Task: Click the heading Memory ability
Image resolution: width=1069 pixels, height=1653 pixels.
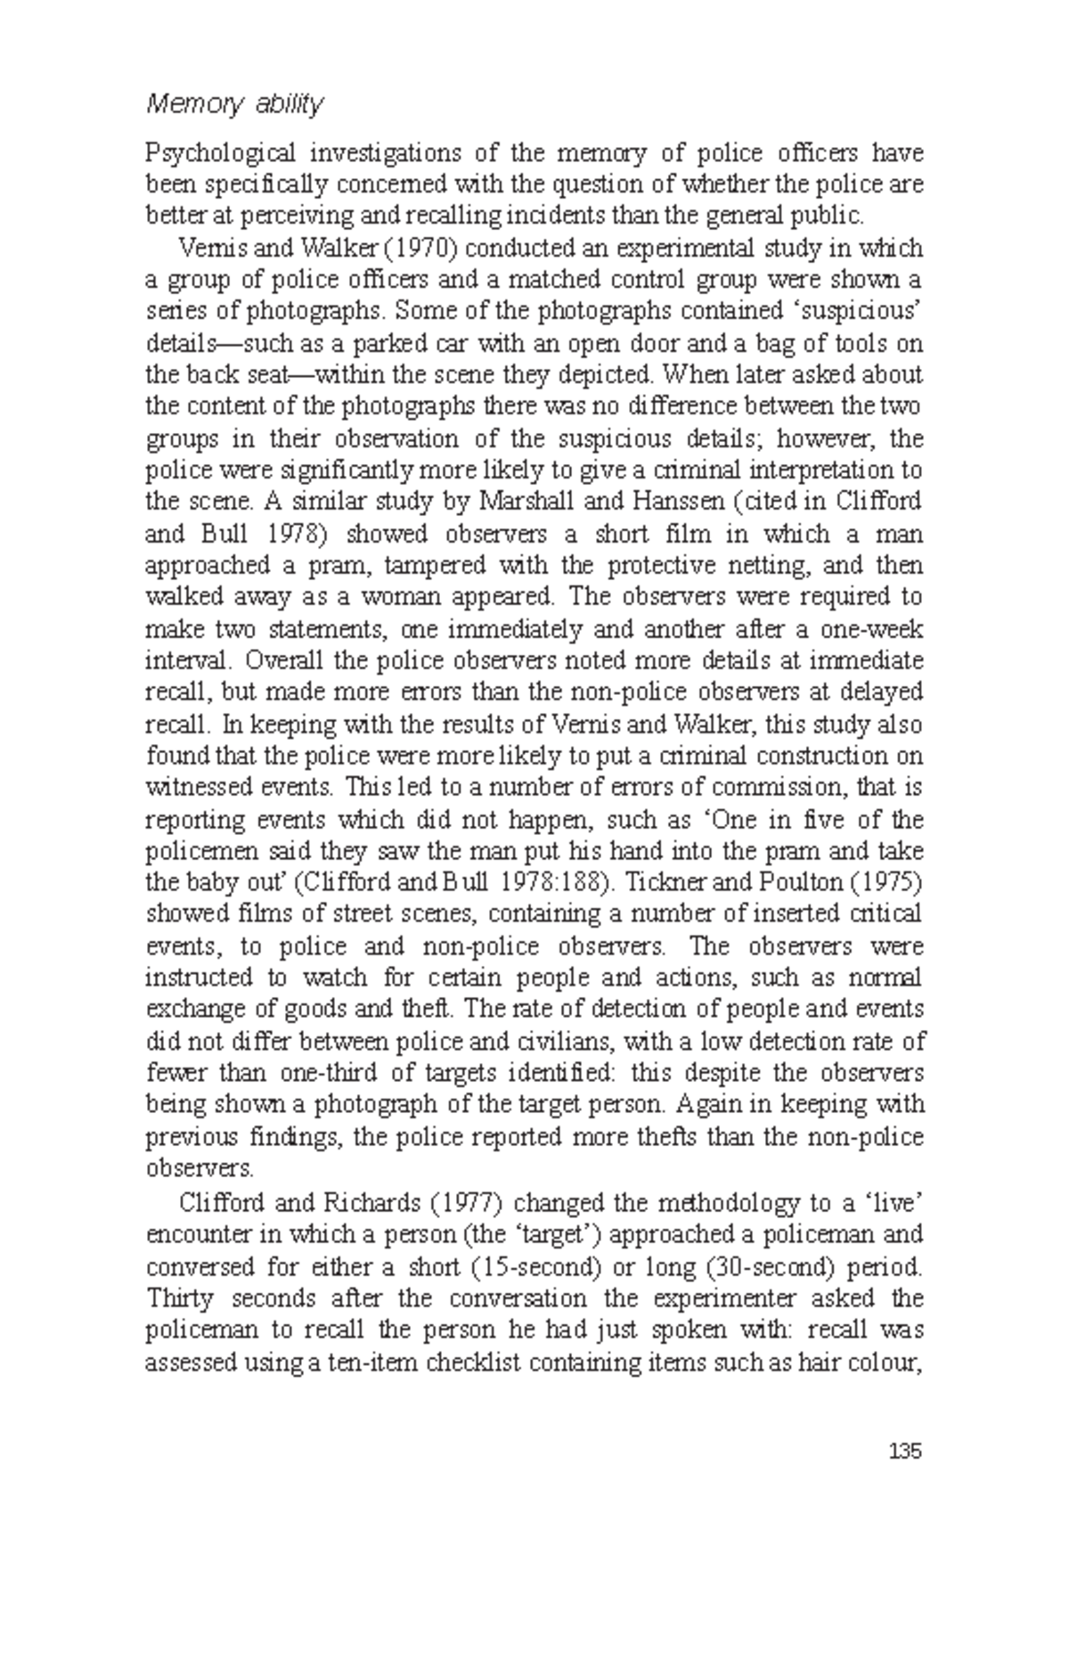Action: click(234, 105)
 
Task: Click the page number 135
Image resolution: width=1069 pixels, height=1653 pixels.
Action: click(904, 1452)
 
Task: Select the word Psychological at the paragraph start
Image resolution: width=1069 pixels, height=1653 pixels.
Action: click(209, 153)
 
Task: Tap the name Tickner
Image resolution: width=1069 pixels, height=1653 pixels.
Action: click(665, 882)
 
